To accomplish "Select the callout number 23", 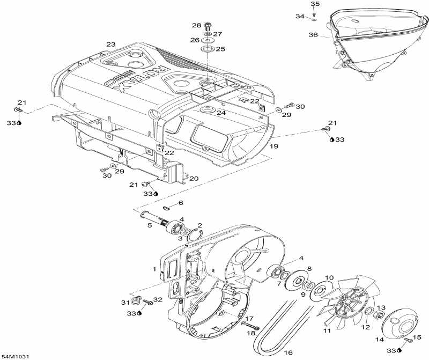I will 111,45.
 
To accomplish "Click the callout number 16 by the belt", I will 288,353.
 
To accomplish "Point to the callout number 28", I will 196,25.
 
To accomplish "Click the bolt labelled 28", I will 209,25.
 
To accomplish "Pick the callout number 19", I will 274,146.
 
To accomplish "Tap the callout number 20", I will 194,179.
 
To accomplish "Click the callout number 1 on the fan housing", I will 154,269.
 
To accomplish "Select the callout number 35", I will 315,4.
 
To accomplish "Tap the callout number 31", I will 124,302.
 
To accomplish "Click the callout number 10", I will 330,277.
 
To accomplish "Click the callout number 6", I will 181,203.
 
